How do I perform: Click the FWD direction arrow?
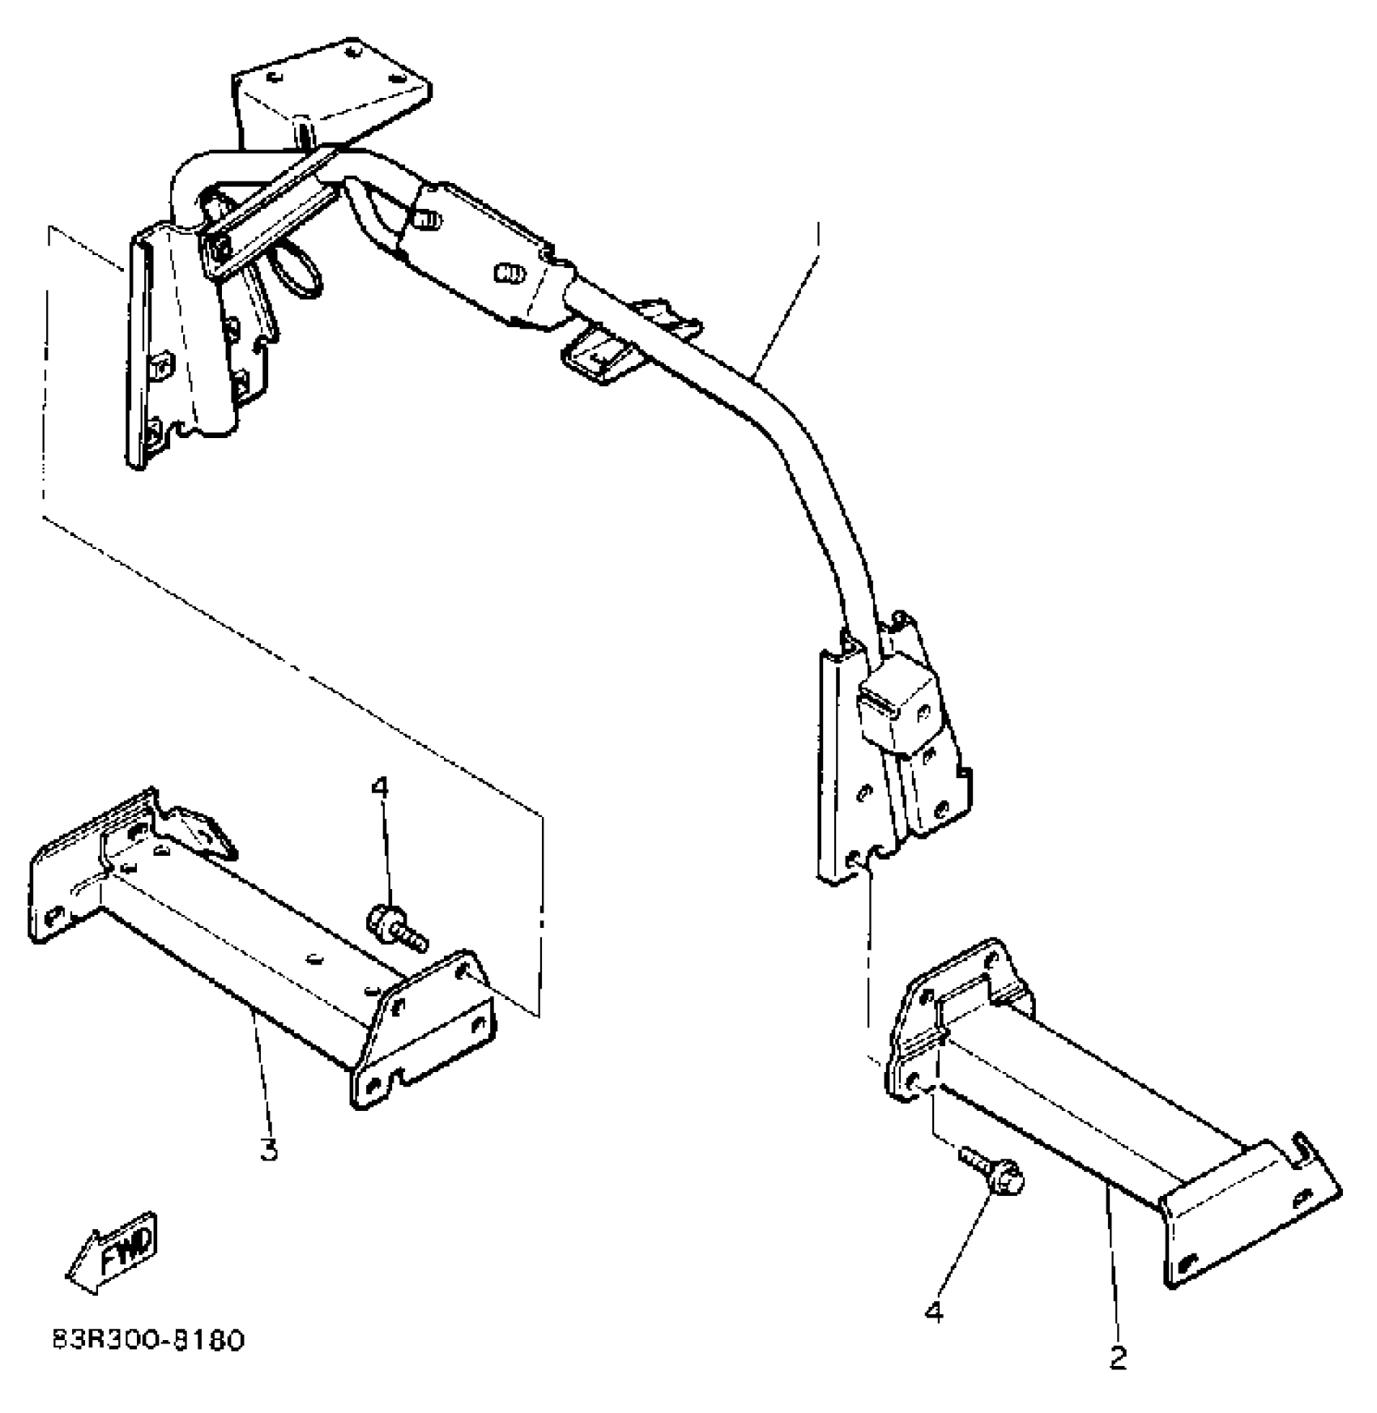point(113,1253)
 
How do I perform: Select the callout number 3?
point(269,1149)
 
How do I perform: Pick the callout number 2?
point(1118,1358)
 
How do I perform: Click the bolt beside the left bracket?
point(397,926)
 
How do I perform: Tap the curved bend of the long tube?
point(802,453)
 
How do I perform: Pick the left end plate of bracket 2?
point(956,1020)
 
